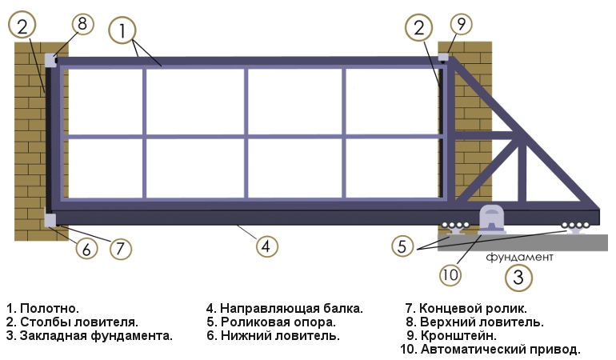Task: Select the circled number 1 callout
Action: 122,31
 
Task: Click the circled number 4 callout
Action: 267,245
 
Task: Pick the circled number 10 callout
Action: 451,275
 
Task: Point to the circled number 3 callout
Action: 518,278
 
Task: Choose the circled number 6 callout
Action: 87,248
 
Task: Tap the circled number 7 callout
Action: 119,248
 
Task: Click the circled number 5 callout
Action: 402,246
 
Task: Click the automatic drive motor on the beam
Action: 490,218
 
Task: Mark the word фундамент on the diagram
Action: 519,258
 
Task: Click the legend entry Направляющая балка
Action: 285,308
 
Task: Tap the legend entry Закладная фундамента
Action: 90,336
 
